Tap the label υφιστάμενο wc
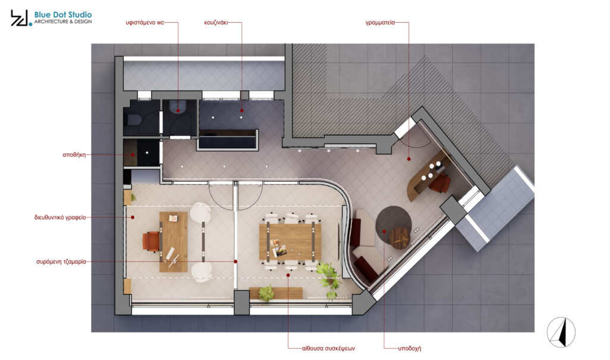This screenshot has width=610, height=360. pyautogui.click(x=145, y=23)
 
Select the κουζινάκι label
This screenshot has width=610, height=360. pyautogui.click(x=216, y=23)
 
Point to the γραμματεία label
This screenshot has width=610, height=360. pyautogui.click(x=380, y=23)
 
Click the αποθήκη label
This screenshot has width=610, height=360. pyautogui.click(x=74, y=155)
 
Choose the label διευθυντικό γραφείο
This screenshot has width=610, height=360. pyautogui.click(x=60, y=218)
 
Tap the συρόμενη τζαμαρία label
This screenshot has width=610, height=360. pyautogui.click(x=61, y=262)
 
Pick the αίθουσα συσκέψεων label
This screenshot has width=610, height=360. pyautogui.click(x=328, y=348)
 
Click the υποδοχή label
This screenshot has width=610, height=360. pyautogui.click(x=409, y=348)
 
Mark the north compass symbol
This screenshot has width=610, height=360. pyautogui.click(x=561, y=333)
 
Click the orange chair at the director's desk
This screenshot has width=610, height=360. pyautogui.click(x=151, y=241)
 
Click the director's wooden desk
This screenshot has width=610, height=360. pyautogui.click(x=173, y=241)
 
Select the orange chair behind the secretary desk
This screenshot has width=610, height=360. pyautogui.click(x=440, y=184)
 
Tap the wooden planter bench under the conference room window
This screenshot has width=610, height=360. pyautogui.click(x=276, y=293)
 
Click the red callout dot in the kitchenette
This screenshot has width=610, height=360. pyautogui.click(x=242, y=110)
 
